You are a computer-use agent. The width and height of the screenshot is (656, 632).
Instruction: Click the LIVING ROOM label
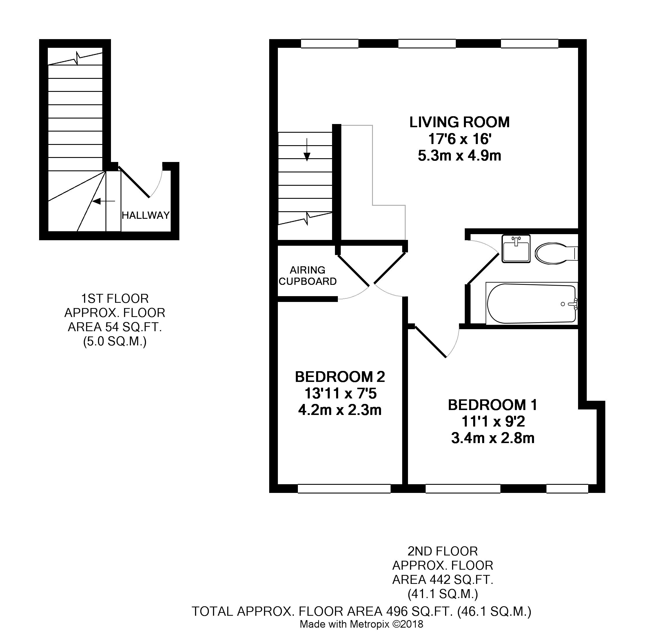[459, 122]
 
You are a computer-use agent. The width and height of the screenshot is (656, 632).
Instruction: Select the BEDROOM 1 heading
[493, 405]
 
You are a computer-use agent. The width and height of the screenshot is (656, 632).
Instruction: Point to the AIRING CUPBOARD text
[308, 276]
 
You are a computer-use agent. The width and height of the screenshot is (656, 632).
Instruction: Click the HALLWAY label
[145, 215]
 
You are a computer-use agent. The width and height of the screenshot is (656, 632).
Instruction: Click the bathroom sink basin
[516, 248]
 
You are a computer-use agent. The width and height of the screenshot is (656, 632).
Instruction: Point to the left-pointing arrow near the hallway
[103, 201]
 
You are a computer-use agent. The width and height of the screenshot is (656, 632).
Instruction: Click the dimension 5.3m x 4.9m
[460, 156]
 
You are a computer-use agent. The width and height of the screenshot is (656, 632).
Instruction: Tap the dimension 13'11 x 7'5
[340, 394]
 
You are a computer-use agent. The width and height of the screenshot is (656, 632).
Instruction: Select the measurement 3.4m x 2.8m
[493, 438]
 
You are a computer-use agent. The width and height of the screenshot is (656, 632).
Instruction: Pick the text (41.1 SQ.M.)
[442, 594]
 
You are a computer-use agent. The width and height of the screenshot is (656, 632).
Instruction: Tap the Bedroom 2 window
[344, 489]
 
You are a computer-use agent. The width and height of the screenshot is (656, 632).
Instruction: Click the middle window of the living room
[427, 43]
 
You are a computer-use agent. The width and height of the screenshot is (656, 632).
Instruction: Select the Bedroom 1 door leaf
[430, 342]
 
